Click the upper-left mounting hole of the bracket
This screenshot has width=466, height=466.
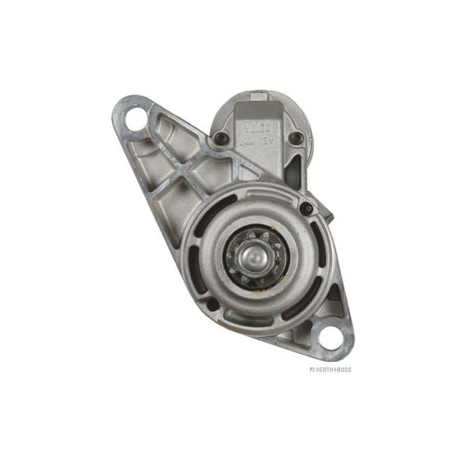pyautogui.click(x=136, y=117)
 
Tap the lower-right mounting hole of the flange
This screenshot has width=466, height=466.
pyautogui.click(x=332, y=336)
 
